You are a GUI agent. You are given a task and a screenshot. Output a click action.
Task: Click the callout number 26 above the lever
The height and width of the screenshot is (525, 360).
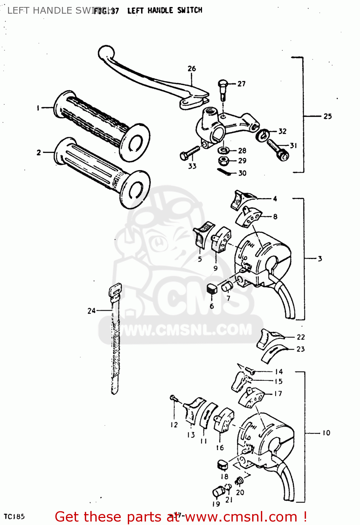click(192, 69)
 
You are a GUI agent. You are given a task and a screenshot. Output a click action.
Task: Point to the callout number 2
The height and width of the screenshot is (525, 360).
click(39, 153)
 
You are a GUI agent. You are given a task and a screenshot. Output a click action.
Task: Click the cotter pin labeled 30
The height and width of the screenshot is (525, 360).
click(224, 171)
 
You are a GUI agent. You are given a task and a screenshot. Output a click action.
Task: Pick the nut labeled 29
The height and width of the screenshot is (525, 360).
click(223, 161)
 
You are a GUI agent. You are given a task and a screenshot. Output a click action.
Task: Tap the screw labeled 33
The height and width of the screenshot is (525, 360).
click(189, 153)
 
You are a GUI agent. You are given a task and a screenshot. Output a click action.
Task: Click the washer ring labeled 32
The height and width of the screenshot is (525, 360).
click(263, 135)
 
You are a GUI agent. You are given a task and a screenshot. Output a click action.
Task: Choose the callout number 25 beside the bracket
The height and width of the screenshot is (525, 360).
click(327, 116)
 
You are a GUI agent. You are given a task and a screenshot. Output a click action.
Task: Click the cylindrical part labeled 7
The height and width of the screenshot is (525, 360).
click(227, 287)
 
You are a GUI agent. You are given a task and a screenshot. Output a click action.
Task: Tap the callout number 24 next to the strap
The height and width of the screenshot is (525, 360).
click(91, 310)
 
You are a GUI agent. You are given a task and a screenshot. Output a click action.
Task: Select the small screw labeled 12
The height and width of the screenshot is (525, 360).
click(173, 398)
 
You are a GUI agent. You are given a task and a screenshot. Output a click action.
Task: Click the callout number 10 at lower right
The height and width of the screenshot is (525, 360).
click(326, 433)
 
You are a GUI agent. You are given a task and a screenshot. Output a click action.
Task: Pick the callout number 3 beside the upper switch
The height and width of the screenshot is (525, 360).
click(320, 259)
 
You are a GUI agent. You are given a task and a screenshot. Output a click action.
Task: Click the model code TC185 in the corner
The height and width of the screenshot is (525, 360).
click(14, 517)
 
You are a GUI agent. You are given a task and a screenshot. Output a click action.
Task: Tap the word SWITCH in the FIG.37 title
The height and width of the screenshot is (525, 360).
click(189, 10)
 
